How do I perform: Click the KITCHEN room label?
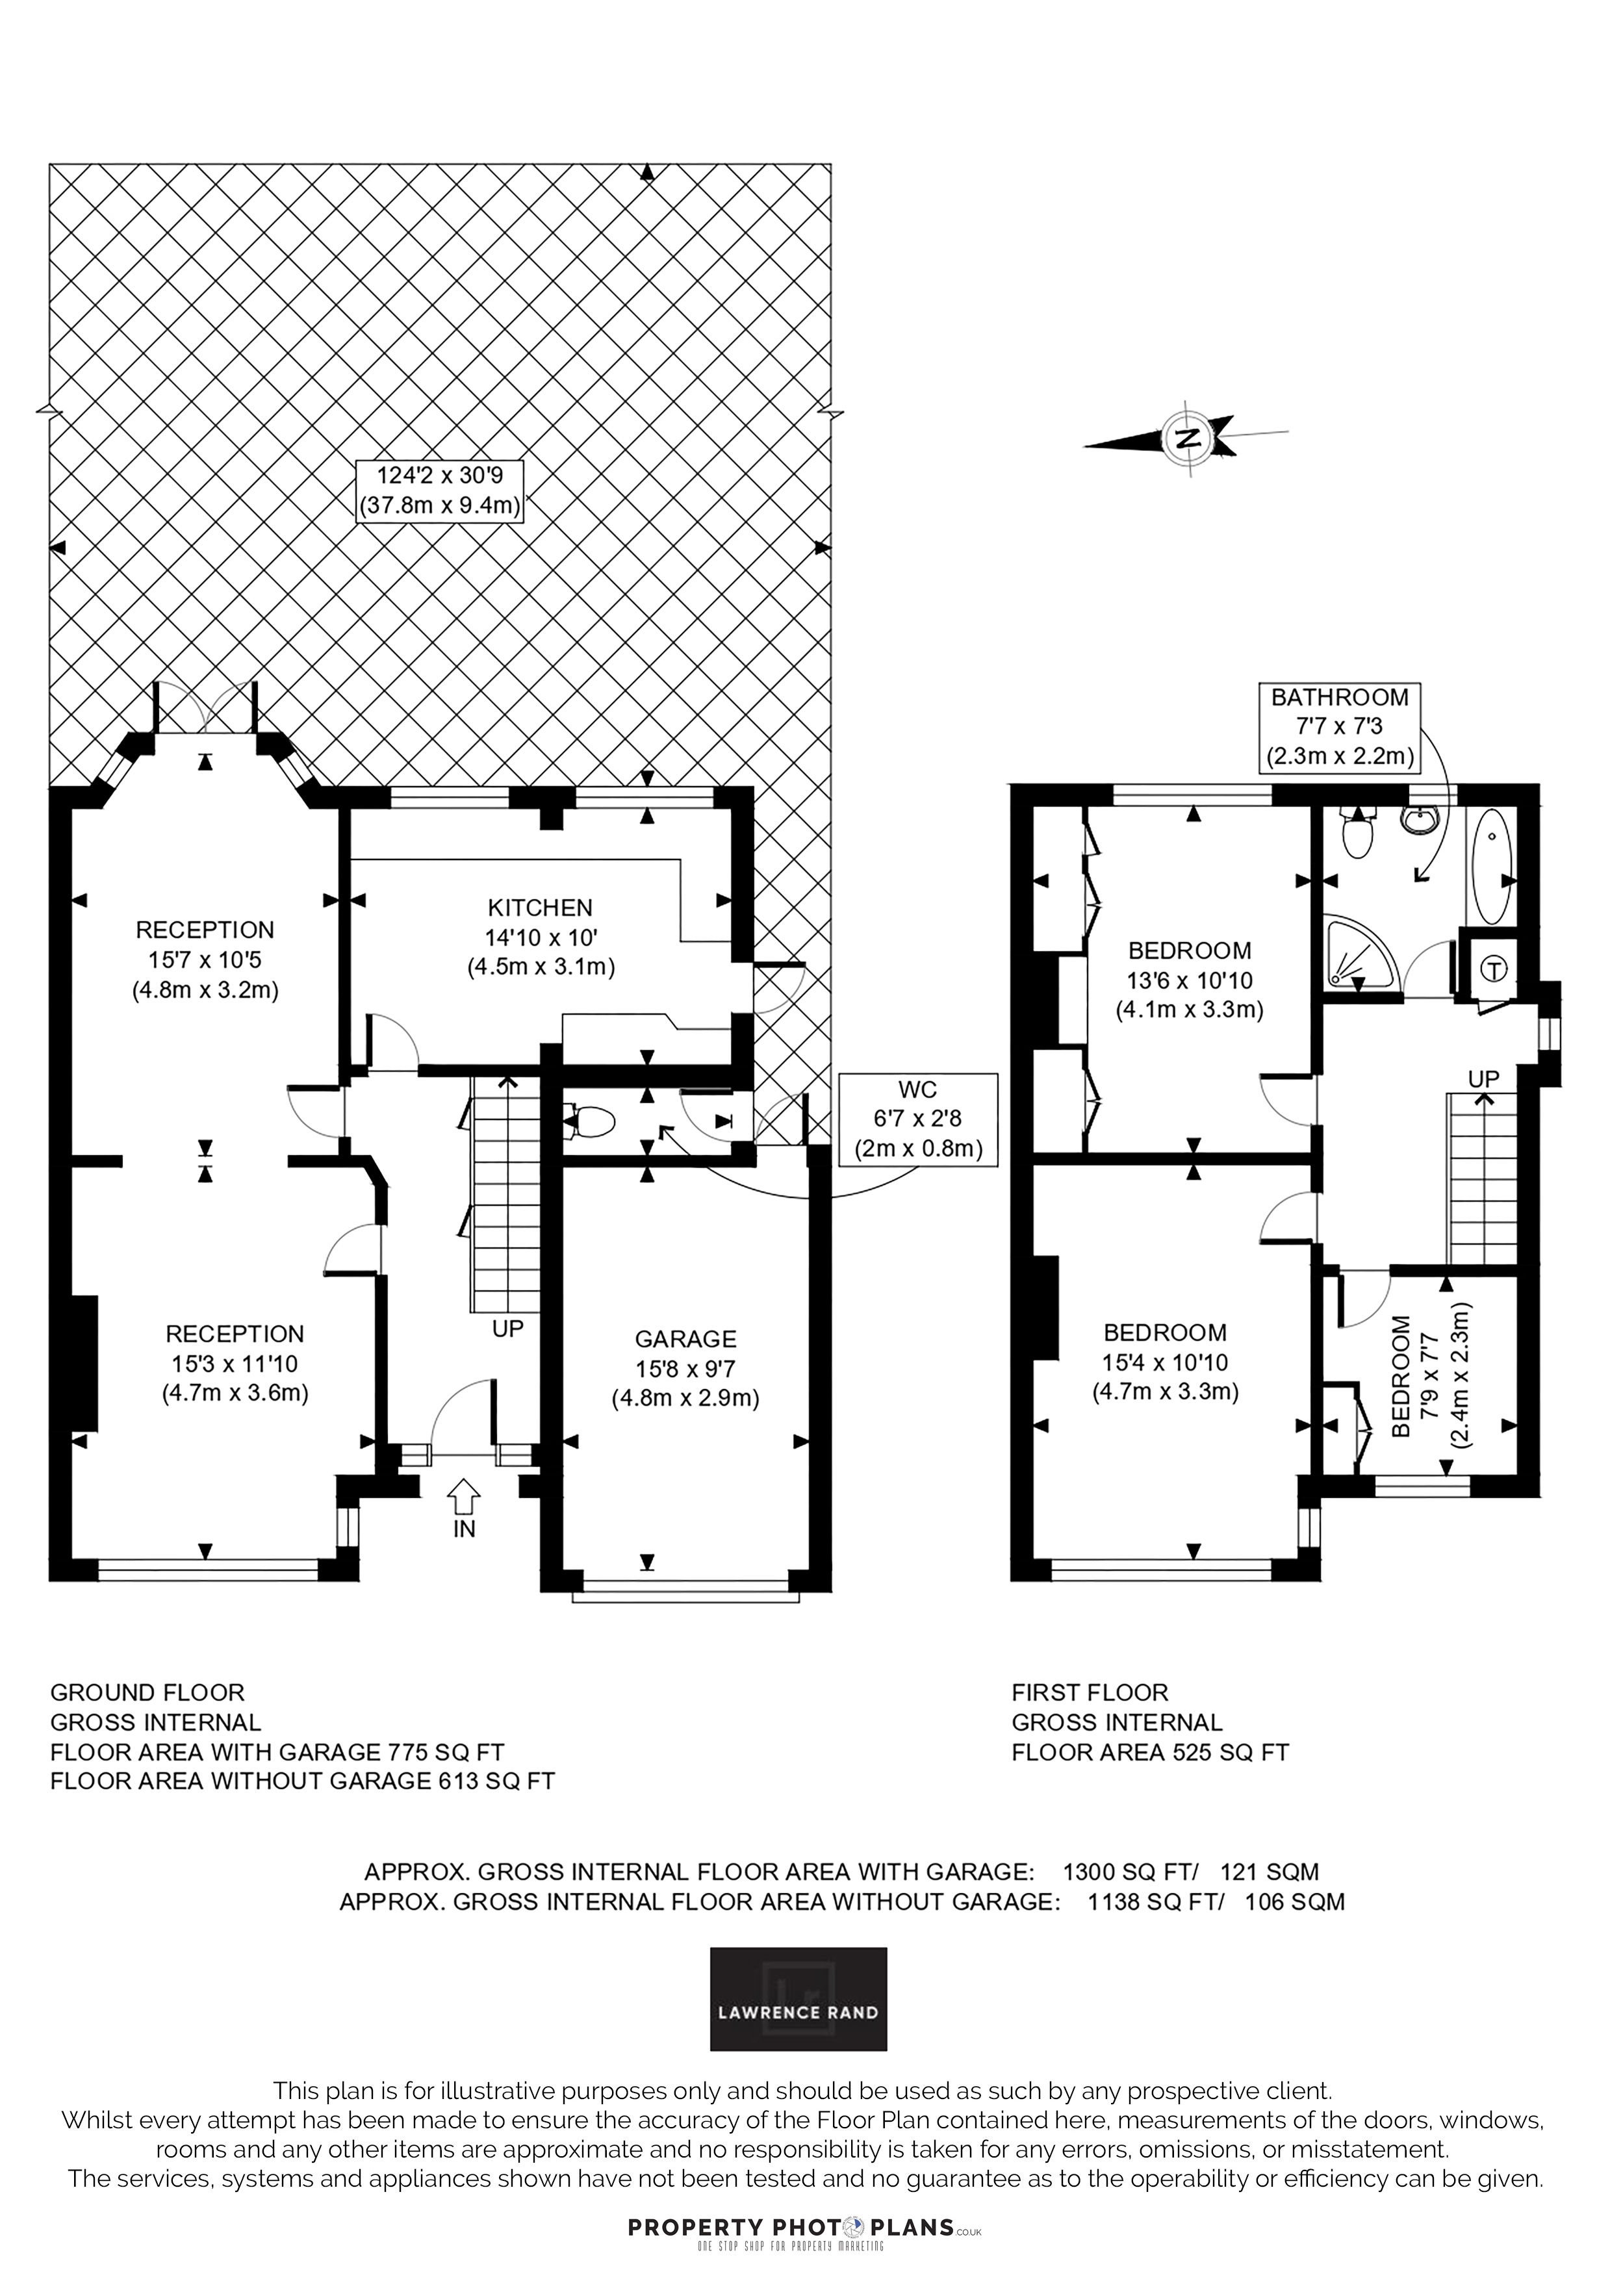(x=540, y=907)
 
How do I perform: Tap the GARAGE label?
(x=685, y=1339)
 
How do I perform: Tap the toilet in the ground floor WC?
(x=593, y=1123)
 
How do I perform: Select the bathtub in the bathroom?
(x=1491, y=865)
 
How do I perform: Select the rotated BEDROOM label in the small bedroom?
(x=1401, y=1376)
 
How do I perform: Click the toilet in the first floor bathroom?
(x=1356, y=832)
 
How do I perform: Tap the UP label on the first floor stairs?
(x=1484, y=1078)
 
